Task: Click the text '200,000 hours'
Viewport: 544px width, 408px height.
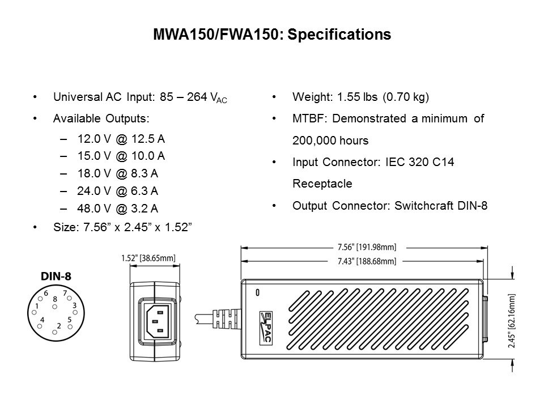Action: click(x=330, y=140)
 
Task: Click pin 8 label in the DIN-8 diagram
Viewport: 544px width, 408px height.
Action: click(x=55, y=298)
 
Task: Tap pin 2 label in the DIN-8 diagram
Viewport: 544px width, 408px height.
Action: click(x=59, y=325)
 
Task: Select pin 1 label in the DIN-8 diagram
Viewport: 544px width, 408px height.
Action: click(x=37, y=306)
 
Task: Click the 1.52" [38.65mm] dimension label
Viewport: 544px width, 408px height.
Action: click(x=148, y=258)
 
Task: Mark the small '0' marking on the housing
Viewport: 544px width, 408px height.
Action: click(x=258, y=293)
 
